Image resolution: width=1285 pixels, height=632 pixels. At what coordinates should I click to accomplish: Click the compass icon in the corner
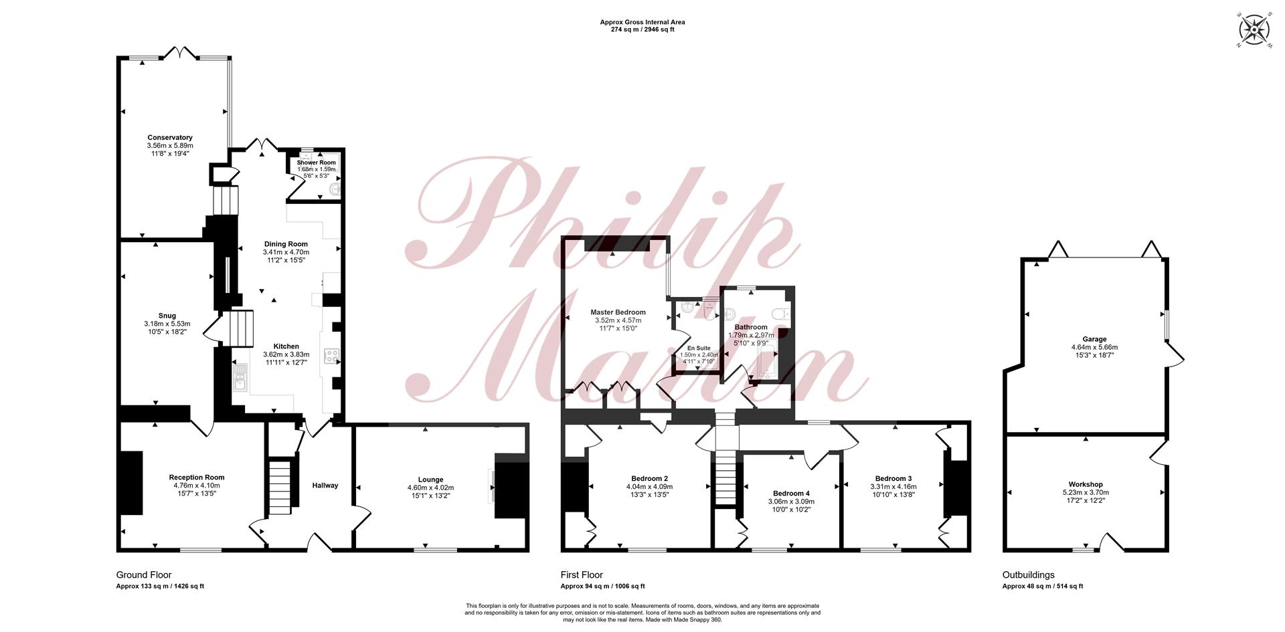point(1254,29)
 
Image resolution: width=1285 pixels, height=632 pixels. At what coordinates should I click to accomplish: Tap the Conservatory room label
point(170,138)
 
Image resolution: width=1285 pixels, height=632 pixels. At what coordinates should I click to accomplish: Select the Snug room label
point(167,316)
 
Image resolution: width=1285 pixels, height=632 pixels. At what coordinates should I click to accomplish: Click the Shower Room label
point(317,163)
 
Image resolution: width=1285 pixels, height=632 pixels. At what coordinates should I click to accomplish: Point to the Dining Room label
point(286,244)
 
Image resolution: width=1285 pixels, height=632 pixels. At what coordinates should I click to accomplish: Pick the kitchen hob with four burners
point(331,356)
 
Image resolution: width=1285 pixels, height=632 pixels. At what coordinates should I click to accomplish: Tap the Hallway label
point(325,486)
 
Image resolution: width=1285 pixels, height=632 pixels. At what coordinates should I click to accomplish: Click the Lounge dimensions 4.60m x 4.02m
point(431,488)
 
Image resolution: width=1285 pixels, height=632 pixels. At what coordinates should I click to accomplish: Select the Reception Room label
point(197,478)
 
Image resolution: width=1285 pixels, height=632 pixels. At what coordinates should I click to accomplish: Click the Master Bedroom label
point(618,312)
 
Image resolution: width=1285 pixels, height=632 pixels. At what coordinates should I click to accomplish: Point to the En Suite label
point(699,348)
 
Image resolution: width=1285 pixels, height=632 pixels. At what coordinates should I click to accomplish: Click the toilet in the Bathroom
point(780,314)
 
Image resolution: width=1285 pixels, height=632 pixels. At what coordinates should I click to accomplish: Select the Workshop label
point(1086,484)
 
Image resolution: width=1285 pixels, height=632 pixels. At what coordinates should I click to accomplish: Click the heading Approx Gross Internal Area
point(642,22)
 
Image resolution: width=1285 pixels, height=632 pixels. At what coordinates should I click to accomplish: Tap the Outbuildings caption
point(1028,574)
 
